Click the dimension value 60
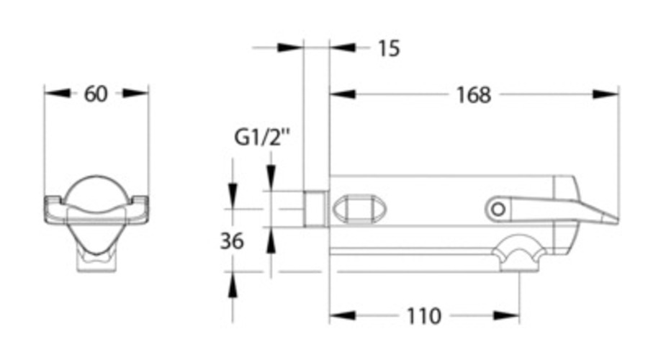(96, 94)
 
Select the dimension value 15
(389, 48)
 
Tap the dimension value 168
(474, 94)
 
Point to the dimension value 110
(424, 316)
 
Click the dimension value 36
(232, 240)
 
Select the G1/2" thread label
(262, 138)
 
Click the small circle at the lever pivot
(498, 209)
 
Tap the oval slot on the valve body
(359, 210)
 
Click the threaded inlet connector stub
(316, 209)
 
